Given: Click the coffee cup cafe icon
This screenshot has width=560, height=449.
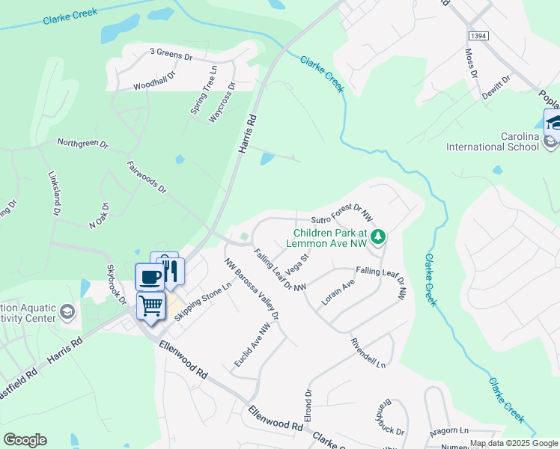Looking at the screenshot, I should pyautogui.click(x=150, y=276).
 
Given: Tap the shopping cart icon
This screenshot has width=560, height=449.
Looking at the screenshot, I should pyautogui.click(x=150, y=305).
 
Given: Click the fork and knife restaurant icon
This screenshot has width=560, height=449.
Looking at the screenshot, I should pyautogui.click(x=171, y=269).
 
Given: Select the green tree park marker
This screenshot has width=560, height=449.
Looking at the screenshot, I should pyautogui.click(x=379, y=237).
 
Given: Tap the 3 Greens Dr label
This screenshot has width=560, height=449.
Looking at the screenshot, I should pyautogui.click(x=171, y=53).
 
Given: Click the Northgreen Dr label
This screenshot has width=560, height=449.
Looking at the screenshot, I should pyautogui.click(x=83, y=143).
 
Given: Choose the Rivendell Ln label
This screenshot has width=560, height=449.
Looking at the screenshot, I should pyautogui.click(x=368, y=352).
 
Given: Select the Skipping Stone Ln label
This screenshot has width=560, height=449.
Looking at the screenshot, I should pyautogui.click(x=203, y=303).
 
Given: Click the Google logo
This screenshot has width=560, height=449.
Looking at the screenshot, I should pyautogui.click(x=25, y=440).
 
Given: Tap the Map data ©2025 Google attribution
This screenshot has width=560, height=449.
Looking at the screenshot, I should pyautogui.click(x=513, y=443).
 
